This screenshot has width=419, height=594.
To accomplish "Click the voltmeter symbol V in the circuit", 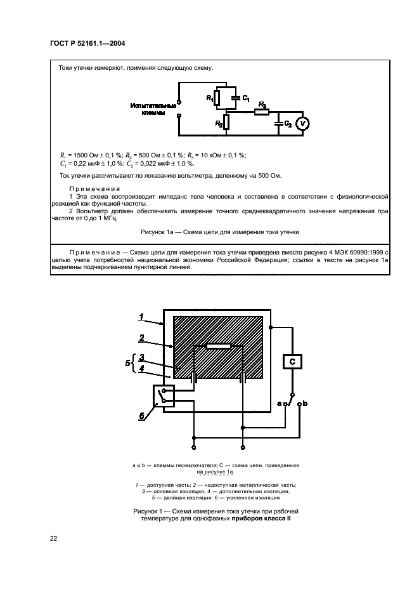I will click(303, 124).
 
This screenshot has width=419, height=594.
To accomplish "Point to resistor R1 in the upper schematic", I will click(217, 98).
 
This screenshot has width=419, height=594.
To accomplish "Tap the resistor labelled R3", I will click(260, 112).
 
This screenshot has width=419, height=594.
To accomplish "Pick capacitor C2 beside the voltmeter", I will click(278, 124).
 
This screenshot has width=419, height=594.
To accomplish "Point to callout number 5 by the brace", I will click(127, 364).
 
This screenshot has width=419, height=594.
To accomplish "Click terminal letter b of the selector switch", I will click(306, 403).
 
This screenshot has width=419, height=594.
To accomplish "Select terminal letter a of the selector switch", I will click(280, 403).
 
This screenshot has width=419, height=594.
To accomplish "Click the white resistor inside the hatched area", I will click(218, 346).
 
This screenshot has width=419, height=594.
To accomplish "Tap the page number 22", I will click(54, 539).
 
